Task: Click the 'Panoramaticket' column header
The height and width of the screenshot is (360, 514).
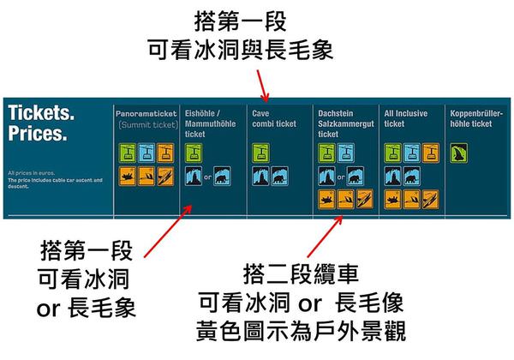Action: tap(146, 112)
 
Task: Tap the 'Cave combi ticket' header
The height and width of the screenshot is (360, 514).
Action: tap(274, 118)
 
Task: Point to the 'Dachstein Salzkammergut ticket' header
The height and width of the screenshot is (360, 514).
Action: tap(344, 123)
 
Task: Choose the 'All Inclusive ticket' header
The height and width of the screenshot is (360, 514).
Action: tap(404, 118)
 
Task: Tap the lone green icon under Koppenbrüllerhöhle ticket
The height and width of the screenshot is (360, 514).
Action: tap(458, 153)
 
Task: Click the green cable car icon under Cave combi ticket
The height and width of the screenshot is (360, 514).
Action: tap(260, 153)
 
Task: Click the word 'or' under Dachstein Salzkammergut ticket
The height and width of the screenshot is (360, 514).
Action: tap(342, 177)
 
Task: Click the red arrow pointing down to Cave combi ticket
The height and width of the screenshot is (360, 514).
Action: tap(266, 87)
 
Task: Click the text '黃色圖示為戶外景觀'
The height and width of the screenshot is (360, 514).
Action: tap(300, 331)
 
